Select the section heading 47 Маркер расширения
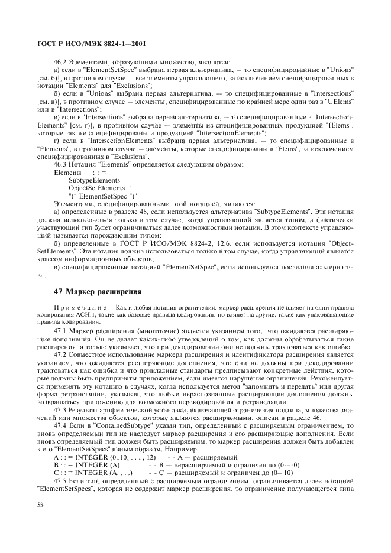click(x=97, y=292)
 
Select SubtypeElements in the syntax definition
click(x=94, y=180)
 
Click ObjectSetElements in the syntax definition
click(x=96, y=187)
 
